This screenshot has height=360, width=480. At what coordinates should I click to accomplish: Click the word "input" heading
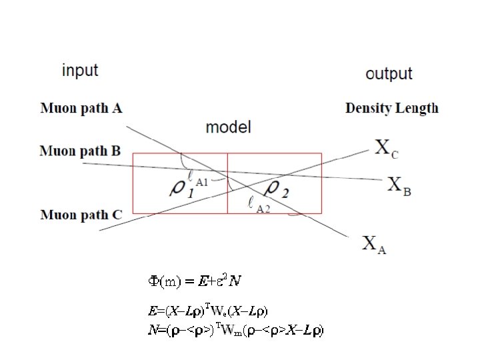pos(79,70)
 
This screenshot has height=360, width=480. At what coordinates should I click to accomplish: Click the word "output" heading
pos(389,73)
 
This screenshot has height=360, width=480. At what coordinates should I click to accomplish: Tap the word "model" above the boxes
pos(228,127)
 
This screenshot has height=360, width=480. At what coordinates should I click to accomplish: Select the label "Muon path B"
pos(80,151)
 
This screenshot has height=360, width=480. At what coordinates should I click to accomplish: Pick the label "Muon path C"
pos(81,215)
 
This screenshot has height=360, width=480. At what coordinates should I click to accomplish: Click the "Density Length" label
pos(392,108)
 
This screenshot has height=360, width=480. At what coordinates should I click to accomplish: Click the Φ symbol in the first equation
pos(152,281)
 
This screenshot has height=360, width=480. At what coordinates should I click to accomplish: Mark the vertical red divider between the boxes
pos(228,183)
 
